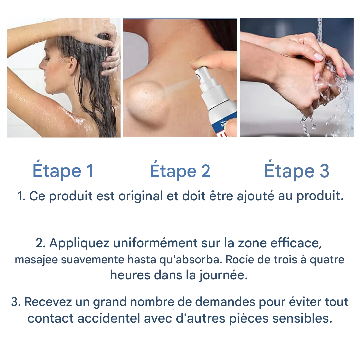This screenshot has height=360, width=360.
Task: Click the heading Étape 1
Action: click(x=63, y=170)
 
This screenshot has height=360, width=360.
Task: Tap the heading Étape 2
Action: click(x=180, y=170)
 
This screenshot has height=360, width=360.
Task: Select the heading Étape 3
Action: click(x=297, y=170)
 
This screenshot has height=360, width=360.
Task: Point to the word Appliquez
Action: click(x=79, y=243)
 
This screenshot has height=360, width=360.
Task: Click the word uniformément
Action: click(x=155, y=243)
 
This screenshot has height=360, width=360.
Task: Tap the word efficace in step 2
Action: click(x=296, y=243)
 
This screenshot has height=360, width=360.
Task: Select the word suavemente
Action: click(x=93, y=259)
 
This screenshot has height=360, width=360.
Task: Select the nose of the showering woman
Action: click(x=41, y=65)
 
